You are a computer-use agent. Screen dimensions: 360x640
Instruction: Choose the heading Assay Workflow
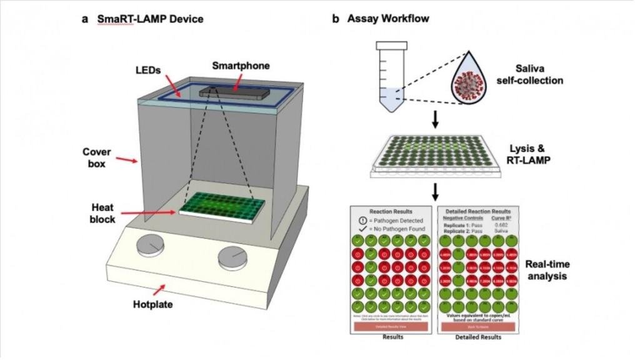(386, 19)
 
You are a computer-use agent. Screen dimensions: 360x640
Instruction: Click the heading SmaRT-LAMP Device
(150, 19)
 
